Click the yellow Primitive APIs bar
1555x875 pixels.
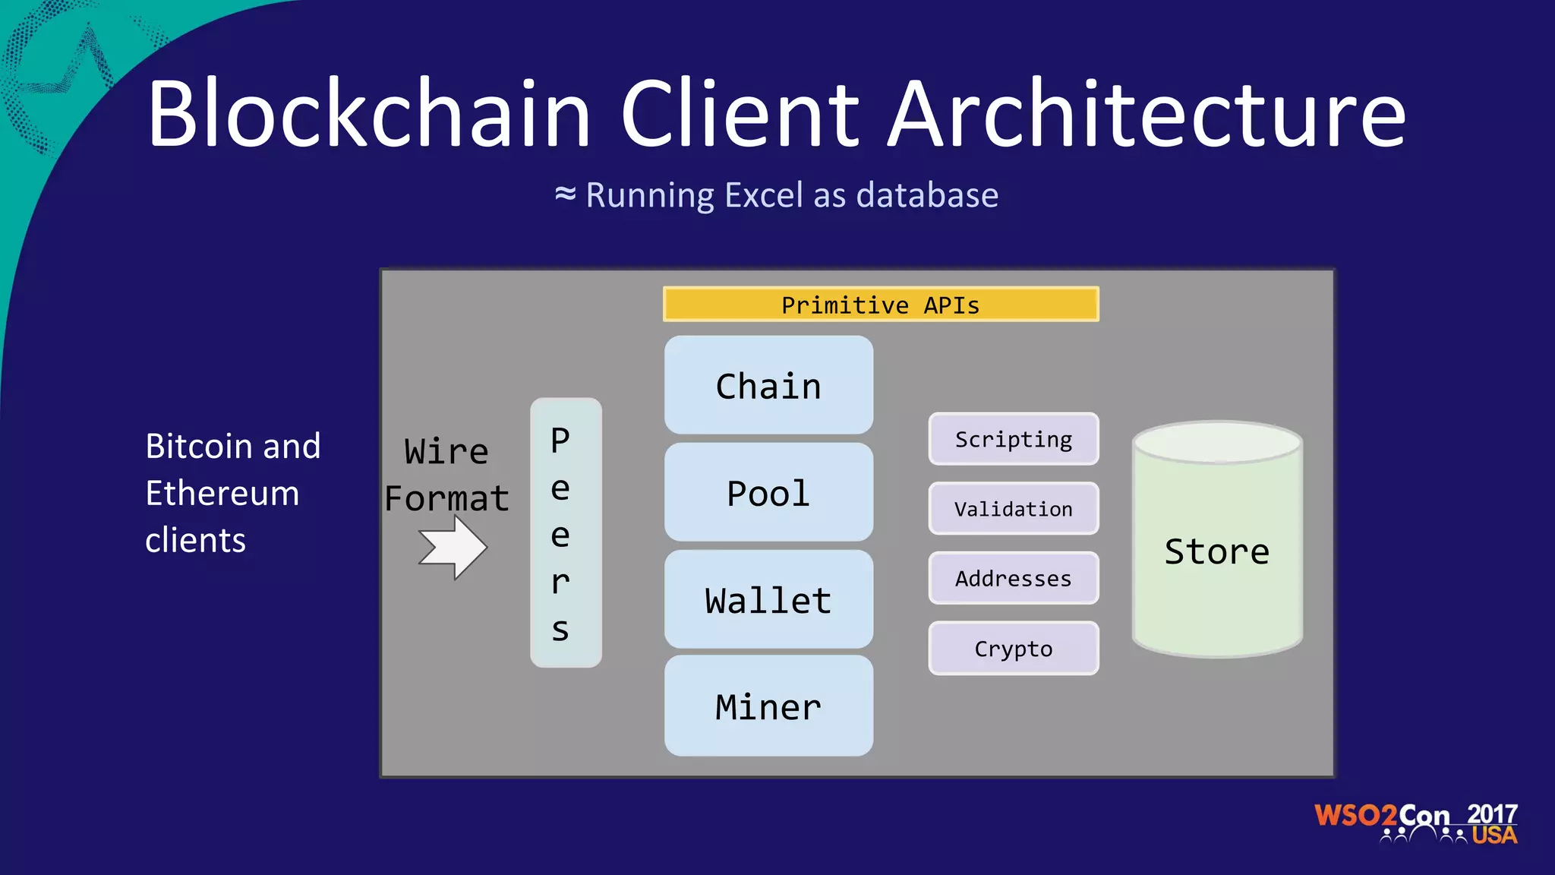[881, 305]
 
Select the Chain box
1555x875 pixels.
[768, 386]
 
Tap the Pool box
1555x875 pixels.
[768, 493]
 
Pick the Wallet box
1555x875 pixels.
[768, 600]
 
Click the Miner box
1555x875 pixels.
[768, 706]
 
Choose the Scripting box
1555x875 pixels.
[1014, 439]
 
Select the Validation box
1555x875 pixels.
[1014, 509]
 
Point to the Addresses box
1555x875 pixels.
[1014, 579]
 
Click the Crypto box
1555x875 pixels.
[1014, 649]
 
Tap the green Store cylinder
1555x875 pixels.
[1217, 551]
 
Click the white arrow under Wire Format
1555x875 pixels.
[453, 547]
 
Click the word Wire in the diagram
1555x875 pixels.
[446, 451]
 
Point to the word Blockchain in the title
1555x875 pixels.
[369, 114]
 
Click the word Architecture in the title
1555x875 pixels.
[1147, 114]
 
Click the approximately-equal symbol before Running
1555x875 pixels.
[566, 194]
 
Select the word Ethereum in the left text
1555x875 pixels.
[222, 494]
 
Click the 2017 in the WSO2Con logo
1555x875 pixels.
[1492, 814]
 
